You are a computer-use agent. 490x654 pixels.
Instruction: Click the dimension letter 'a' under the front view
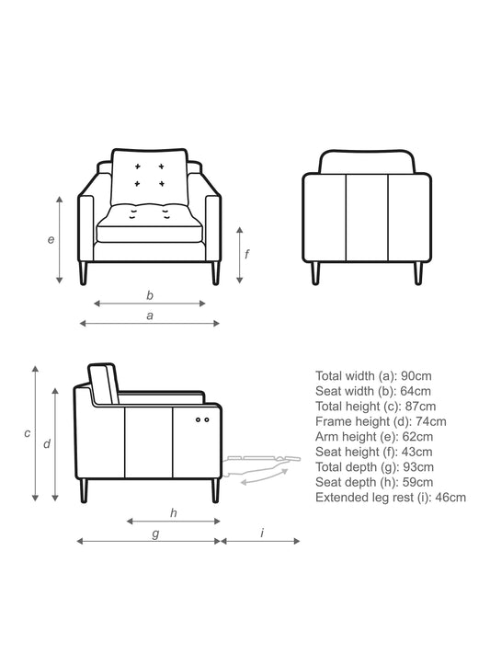pos(150,316)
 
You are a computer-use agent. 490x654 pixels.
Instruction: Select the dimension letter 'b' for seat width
pos(150,295)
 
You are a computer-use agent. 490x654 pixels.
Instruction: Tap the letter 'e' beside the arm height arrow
pos(51,240)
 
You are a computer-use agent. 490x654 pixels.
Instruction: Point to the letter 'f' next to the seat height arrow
pos(247,254)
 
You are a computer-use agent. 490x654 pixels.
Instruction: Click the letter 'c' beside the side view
pos(27,433)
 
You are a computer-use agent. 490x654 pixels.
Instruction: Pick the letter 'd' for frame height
pos(47,443)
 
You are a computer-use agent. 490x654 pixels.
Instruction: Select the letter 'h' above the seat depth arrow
pos(174,512)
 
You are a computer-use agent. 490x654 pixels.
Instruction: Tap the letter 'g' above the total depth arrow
pos(155,534)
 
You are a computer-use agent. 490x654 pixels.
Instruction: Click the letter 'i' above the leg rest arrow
pos(262,533)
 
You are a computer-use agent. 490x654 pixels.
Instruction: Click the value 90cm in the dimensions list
pos(416,376)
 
